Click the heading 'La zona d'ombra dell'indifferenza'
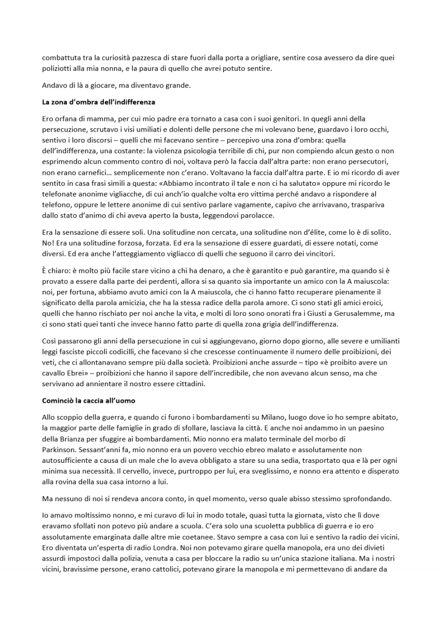point(98,102)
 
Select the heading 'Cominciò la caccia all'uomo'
point(88,401)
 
